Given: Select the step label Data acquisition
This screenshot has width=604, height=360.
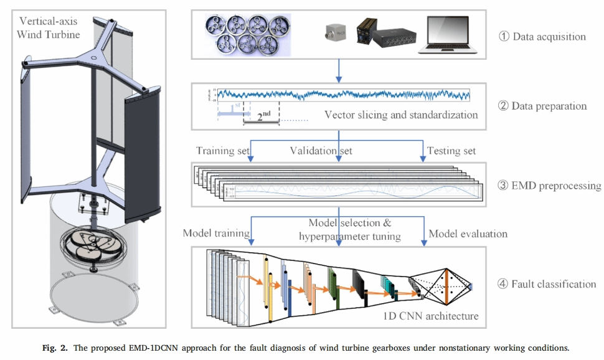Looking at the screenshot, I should (542, 36).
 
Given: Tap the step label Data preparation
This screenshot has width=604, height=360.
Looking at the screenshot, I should (542, 106).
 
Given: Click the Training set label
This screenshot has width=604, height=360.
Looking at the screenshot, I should (223, 151).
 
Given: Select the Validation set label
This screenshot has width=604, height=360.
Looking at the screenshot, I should (321, 151).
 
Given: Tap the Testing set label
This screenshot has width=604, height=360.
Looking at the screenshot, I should (451, 151).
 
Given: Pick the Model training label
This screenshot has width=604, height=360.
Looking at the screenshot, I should (216, 234).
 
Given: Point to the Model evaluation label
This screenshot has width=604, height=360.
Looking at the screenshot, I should (468, 234).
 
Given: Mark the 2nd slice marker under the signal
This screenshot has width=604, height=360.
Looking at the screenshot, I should (262, 116).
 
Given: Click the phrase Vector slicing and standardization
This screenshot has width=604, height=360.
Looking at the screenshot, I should (401, 115).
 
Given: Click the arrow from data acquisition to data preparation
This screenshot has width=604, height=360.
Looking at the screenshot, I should (338, 69).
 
